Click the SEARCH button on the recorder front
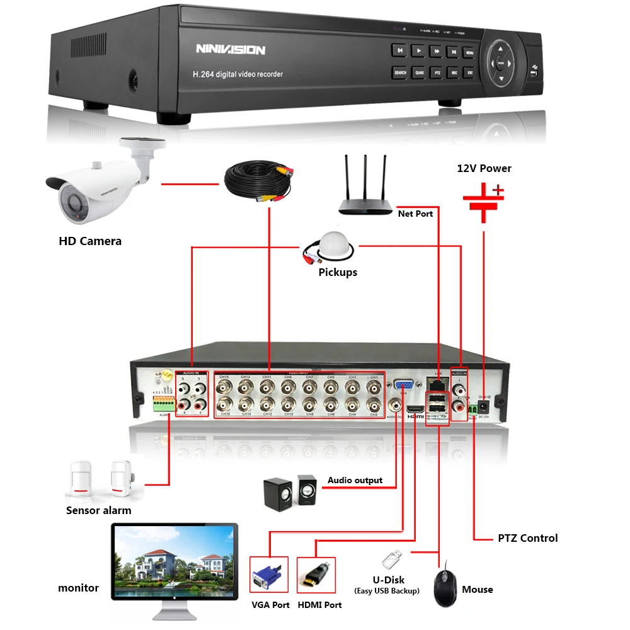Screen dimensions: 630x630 click(399, 72)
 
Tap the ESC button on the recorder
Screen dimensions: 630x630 click(470, 72)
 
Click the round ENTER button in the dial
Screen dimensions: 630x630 click(501, 63)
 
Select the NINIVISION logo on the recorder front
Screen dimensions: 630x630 click(230, 49)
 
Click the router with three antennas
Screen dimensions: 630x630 click(365, 189)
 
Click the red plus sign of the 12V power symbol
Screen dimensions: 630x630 click(498, 189)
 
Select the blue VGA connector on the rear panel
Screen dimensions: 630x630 click(404, 386)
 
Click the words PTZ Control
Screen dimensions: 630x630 click(527, 538)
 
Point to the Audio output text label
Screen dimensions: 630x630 click(355, 480)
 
